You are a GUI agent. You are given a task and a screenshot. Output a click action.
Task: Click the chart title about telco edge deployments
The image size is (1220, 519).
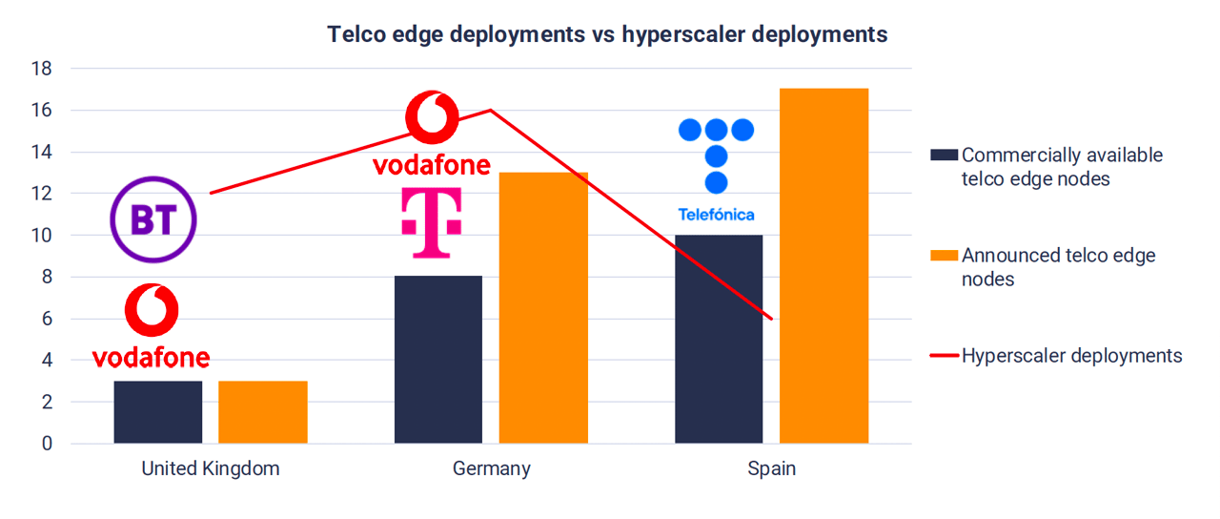tap(607, 35)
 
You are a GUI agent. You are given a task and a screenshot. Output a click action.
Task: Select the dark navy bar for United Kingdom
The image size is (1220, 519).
tap(157, 412)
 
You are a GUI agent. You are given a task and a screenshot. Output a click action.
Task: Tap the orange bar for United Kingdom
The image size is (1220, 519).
tap(262, 412)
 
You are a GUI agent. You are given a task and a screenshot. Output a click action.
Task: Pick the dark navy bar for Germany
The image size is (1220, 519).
tap(437, 360)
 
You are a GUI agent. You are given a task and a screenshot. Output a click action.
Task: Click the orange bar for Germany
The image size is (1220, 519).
tap(543, 307)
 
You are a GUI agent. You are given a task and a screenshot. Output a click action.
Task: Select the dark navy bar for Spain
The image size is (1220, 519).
tap(719, 339)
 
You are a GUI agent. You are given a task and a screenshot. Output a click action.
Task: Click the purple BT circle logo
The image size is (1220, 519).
tap(153, 220)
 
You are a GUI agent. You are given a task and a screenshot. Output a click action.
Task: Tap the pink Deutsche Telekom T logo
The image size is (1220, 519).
tap(431, 222)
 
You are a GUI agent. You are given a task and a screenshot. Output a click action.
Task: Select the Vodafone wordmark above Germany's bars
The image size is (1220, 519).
tap(431, 165)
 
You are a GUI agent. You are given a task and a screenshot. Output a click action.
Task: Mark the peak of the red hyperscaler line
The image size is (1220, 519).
tap(490, 110)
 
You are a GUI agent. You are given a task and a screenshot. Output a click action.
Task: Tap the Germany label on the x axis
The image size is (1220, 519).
tap(491, 469)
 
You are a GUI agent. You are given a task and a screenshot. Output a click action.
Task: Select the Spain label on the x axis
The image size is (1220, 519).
tap(771, 469)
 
